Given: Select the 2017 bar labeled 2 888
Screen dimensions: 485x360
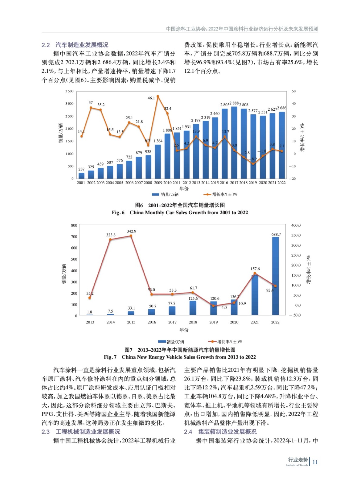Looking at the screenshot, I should tap(234, 142).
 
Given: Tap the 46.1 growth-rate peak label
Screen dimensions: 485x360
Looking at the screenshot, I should tap(151, 98).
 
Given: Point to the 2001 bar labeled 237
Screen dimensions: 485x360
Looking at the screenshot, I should tap(81, 176).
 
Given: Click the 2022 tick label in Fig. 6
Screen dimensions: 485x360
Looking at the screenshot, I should tap(281, 183).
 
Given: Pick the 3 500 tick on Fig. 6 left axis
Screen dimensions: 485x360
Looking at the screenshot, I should tap(69, 91).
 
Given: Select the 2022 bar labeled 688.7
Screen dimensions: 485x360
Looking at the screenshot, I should tap(275, 276).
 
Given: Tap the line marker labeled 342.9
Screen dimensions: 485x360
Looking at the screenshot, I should tap(131, 236).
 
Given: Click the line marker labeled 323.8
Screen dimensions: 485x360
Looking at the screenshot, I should tap(110, 239).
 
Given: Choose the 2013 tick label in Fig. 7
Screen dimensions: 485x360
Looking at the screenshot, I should tap(90, 322).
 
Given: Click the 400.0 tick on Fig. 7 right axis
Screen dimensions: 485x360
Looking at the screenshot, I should tap(296, 226).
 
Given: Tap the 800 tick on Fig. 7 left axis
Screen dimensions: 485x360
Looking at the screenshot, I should tap(74, 226).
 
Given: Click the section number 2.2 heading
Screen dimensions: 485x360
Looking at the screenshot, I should tap(45, 45).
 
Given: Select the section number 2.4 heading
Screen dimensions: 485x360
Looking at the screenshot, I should tap(188, 432).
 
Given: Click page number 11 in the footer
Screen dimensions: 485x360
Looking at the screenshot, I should tap(315, 462).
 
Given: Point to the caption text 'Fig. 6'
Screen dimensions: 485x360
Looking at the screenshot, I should tap(118, 212).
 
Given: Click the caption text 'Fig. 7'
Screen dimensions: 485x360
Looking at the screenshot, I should tap(110, 357).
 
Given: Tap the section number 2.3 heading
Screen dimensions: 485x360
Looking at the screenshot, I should tap(45, 432).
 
